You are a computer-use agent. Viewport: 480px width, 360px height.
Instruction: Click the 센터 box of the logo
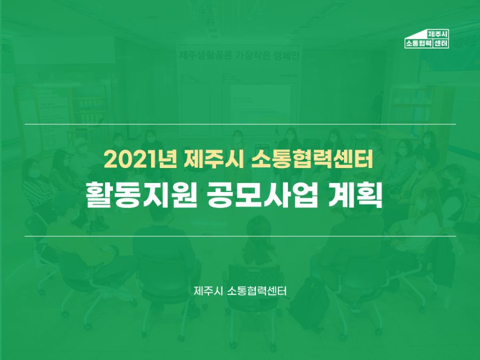pos(441,43)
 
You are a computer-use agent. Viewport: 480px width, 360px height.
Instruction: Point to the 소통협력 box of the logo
pos(418,43)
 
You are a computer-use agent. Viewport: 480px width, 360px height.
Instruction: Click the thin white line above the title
pos(240,124)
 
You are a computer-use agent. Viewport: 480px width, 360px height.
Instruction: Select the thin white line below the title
pos(240,236)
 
